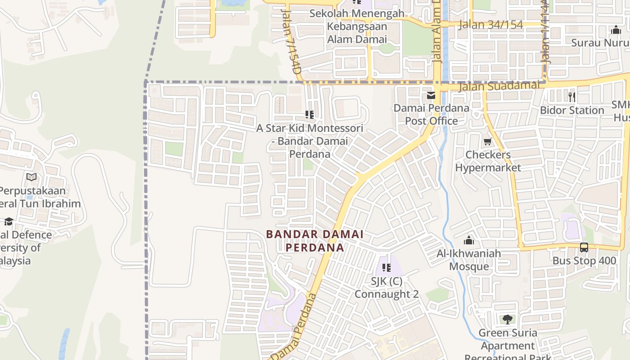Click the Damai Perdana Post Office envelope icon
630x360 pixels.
(431, 95)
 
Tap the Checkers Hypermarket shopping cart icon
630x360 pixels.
(487, 142)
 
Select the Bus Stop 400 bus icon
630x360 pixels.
(584, 247)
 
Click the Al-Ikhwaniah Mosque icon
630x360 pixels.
(469, 240)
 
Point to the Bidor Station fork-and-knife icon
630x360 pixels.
(571, 97)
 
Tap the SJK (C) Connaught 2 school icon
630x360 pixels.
(386, 268)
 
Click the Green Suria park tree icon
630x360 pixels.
(508, 319)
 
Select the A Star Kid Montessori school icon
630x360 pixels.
(309, 115)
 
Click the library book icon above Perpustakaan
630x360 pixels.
(31, 177)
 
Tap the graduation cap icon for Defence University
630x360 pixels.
(9, 221)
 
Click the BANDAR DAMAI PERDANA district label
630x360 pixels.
(315, 241)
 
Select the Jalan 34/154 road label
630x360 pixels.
(490, 25)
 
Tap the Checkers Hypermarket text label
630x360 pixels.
(488, 161)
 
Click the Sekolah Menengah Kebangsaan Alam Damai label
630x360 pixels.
(357, 26)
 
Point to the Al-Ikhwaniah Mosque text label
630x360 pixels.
(469, 260)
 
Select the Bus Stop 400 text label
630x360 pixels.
(584, 261)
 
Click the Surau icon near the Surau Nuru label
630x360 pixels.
(616, 30)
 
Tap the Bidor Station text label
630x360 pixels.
(571, 110)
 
